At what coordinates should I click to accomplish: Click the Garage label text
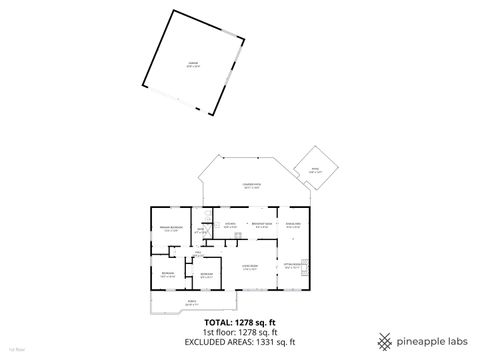(193, 63)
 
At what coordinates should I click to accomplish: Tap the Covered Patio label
(251, 186)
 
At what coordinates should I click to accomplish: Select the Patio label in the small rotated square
(315, 171)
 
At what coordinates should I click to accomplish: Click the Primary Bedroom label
(169, 229)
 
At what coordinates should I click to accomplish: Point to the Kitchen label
(230, 225)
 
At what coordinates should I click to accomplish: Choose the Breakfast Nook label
(262, 225)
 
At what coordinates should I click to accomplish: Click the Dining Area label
(294, 224)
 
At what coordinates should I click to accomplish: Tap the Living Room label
(250, 267)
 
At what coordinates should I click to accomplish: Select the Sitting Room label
(292, 267)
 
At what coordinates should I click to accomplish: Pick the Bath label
(201, 232)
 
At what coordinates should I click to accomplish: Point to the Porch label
(190, 301)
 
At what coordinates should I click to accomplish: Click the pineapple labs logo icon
(385, 341)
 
